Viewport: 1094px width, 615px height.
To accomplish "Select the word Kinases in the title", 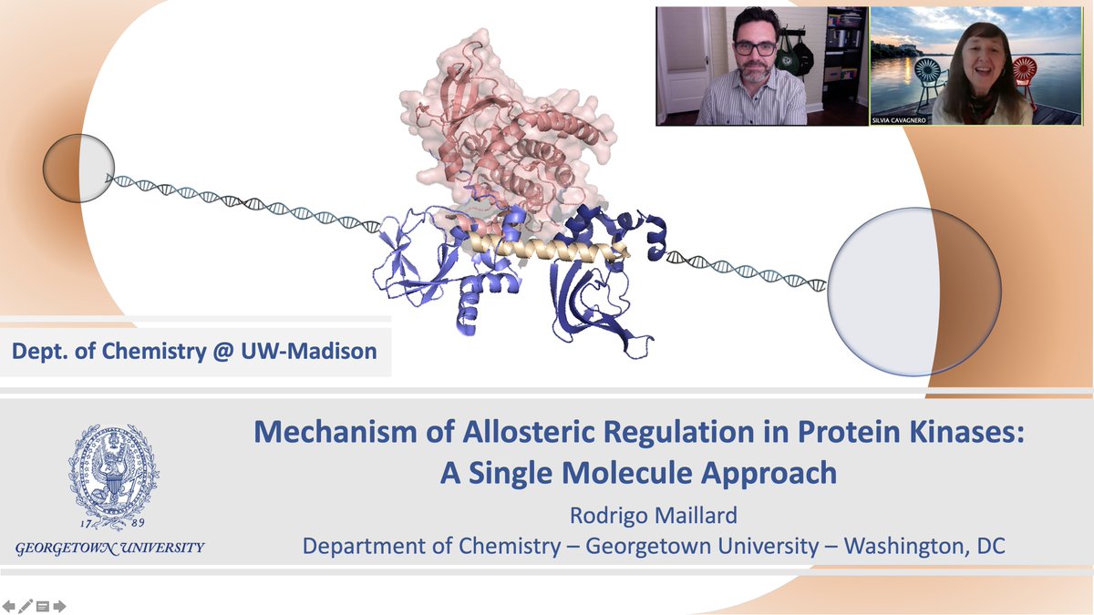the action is click(x=961, y=432).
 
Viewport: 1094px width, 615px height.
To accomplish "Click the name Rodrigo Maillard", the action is click(x=654, y=516).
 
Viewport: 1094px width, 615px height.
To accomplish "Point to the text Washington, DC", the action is click(x=924, y=546).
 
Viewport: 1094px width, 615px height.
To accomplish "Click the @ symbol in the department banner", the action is click(x=223, y=352).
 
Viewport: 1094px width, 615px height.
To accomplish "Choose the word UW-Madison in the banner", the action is click(x=309, y=351).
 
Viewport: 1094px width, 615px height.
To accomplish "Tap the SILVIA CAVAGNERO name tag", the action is click(x=899, y=120).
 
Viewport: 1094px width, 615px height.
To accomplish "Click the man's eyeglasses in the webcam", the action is click(x=755, y=48).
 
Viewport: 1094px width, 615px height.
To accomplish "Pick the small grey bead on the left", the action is click(x=78, y=169).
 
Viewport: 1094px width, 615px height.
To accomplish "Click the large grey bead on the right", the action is click(x=914, y=292).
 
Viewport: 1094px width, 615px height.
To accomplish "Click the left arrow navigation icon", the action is click(x=9, y=606).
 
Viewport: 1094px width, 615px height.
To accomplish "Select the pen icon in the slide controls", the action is click(x=26, y=606).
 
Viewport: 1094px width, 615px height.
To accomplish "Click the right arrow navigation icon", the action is click(x=59, y=606).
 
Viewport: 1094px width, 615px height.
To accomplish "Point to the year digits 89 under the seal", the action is click(x=139, y=523).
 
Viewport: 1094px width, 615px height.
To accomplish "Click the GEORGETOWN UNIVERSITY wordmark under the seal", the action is click(x=110, y=548).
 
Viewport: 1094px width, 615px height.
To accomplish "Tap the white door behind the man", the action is click(x=682, y=65).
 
